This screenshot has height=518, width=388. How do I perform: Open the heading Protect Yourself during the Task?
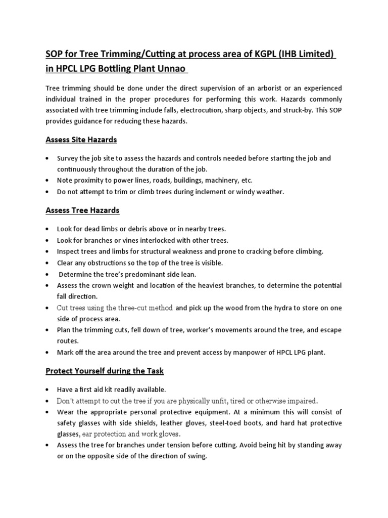coord(105,371)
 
